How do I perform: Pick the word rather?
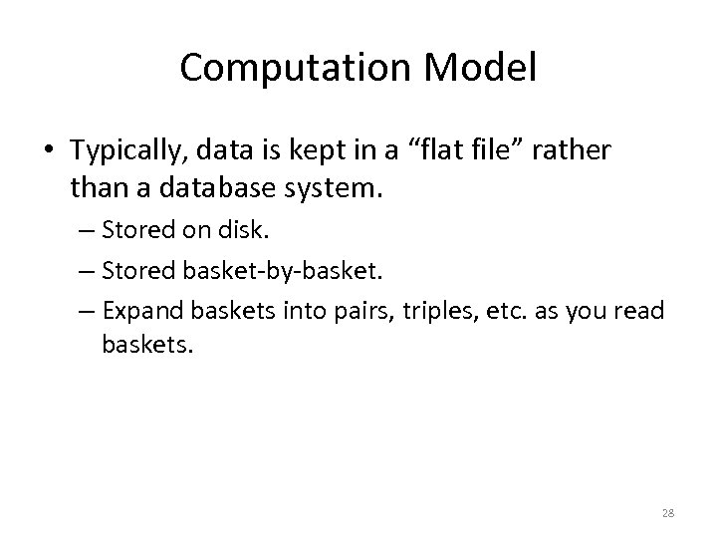pos(575,150)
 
